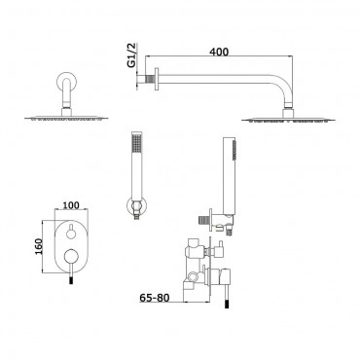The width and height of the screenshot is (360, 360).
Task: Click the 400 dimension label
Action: point(219,52)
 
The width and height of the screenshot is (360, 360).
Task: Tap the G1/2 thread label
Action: point(132,55)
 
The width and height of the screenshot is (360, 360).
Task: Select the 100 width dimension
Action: point(71,205)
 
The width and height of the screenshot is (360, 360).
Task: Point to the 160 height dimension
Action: point(38,246)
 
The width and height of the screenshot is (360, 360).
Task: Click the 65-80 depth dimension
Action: point(155,298)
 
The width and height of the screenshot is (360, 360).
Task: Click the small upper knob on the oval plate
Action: point(71,233)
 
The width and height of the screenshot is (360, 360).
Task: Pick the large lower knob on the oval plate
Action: point(71,256)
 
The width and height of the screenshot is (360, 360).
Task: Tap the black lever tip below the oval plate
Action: point(71,279)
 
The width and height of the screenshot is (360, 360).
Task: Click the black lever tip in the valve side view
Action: point(227,304)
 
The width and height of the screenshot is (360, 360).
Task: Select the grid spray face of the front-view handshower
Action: point(135,142)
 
